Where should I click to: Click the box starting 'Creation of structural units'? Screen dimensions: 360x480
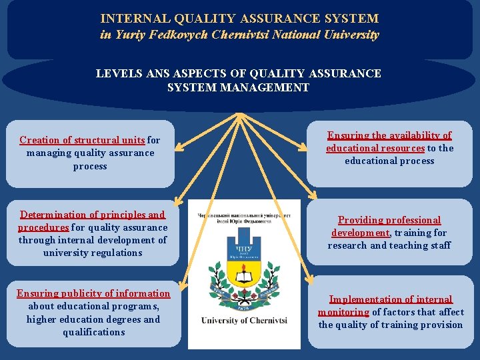click(x=90, y=153)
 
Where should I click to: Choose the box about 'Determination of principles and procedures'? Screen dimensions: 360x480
click(x=93, y=233)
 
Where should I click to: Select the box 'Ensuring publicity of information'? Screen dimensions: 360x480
click(x=93, y=313)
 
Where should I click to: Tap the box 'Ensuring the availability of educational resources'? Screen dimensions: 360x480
click(x=389, y=148)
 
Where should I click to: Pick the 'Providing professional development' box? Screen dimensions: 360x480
click(x=389, y=233)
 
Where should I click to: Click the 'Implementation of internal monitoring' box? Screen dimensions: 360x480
click(x=391, y=312)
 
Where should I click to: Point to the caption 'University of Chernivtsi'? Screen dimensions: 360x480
click(x=244, y=321)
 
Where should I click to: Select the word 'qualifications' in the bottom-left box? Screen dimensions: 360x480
click(x=93, y=332)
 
